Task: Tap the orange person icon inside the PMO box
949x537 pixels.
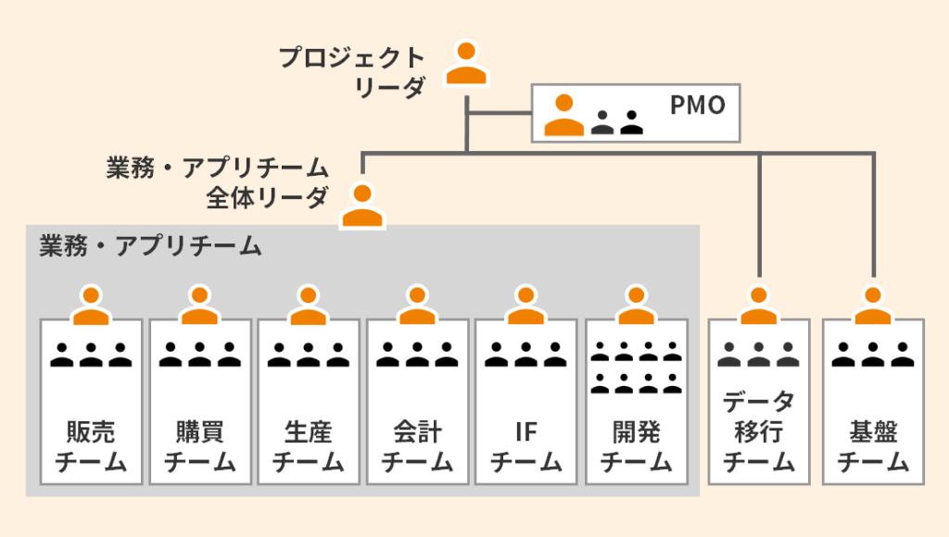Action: click(x=563, y=115)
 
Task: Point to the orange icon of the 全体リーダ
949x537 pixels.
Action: click(x=362, y=206)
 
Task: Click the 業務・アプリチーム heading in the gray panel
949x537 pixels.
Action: click(x=150, y=246)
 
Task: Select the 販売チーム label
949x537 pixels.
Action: click(x=91, y=446)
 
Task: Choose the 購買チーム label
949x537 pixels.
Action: click(x=199, y=446)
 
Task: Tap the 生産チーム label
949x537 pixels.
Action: click(x=309, y=446)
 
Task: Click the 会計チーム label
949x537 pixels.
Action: click(x=417, y=446)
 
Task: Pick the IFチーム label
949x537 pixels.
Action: click(x=525, y=446)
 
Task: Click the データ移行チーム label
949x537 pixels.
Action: click(x=758, y=431)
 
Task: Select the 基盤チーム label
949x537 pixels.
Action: click(x=872, y=446)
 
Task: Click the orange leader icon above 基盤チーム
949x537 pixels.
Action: click(x=872, y=306)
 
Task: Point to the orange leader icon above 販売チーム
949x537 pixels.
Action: click(x=91, y=306)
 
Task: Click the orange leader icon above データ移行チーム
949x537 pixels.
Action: click(x=758, y=306)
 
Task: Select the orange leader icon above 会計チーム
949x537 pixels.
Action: click(x=417, y=306)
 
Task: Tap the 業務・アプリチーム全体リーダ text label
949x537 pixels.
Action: click(x=217, y=181)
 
